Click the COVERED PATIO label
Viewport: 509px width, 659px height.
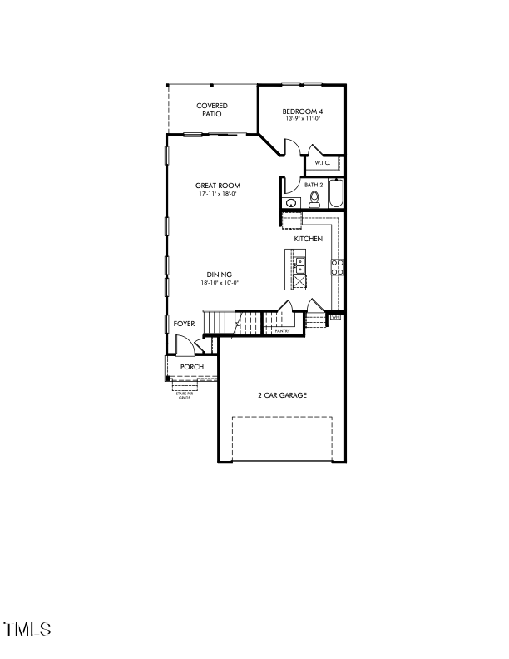[212, 110]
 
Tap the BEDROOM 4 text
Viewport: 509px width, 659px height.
[302, 111]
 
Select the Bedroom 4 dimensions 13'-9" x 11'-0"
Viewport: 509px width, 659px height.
[302, 119]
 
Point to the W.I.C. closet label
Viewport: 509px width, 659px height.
[323, 162]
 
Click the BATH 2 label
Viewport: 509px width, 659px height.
[314, 185]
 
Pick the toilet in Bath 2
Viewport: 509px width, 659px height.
[314, 198]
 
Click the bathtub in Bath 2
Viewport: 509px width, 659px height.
[336, 195]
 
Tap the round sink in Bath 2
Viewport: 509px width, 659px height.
[292, 202]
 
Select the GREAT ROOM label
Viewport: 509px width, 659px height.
[218, 186]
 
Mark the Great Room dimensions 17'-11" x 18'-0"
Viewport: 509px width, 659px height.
[218, 194]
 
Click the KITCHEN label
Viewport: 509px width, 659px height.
[308, 239]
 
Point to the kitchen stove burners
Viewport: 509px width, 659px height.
[339, 266]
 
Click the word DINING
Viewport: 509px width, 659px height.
[220, 275]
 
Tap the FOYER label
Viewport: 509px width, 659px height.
[184, 323]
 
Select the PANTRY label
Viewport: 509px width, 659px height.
[282, 330]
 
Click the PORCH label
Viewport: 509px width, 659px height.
[192, 367]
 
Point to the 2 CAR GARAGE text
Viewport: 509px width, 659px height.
[282, 395]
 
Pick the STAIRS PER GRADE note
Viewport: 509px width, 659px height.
[185, 396]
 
